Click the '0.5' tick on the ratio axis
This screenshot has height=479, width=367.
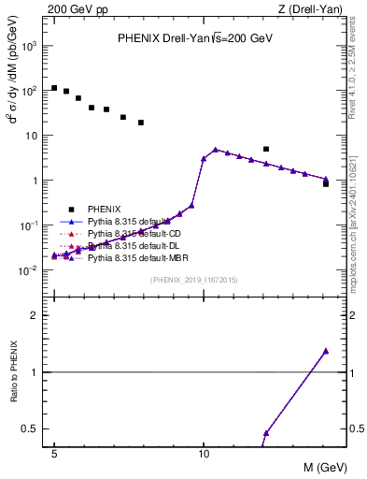point(31,428)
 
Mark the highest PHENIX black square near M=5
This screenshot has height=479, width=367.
point(54,88)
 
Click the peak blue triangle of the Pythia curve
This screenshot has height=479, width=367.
point(216,150)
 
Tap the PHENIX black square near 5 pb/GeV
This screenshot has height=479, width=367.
point(266,149)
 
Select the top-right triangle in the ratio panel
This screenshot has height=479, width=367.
point(325,351)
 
